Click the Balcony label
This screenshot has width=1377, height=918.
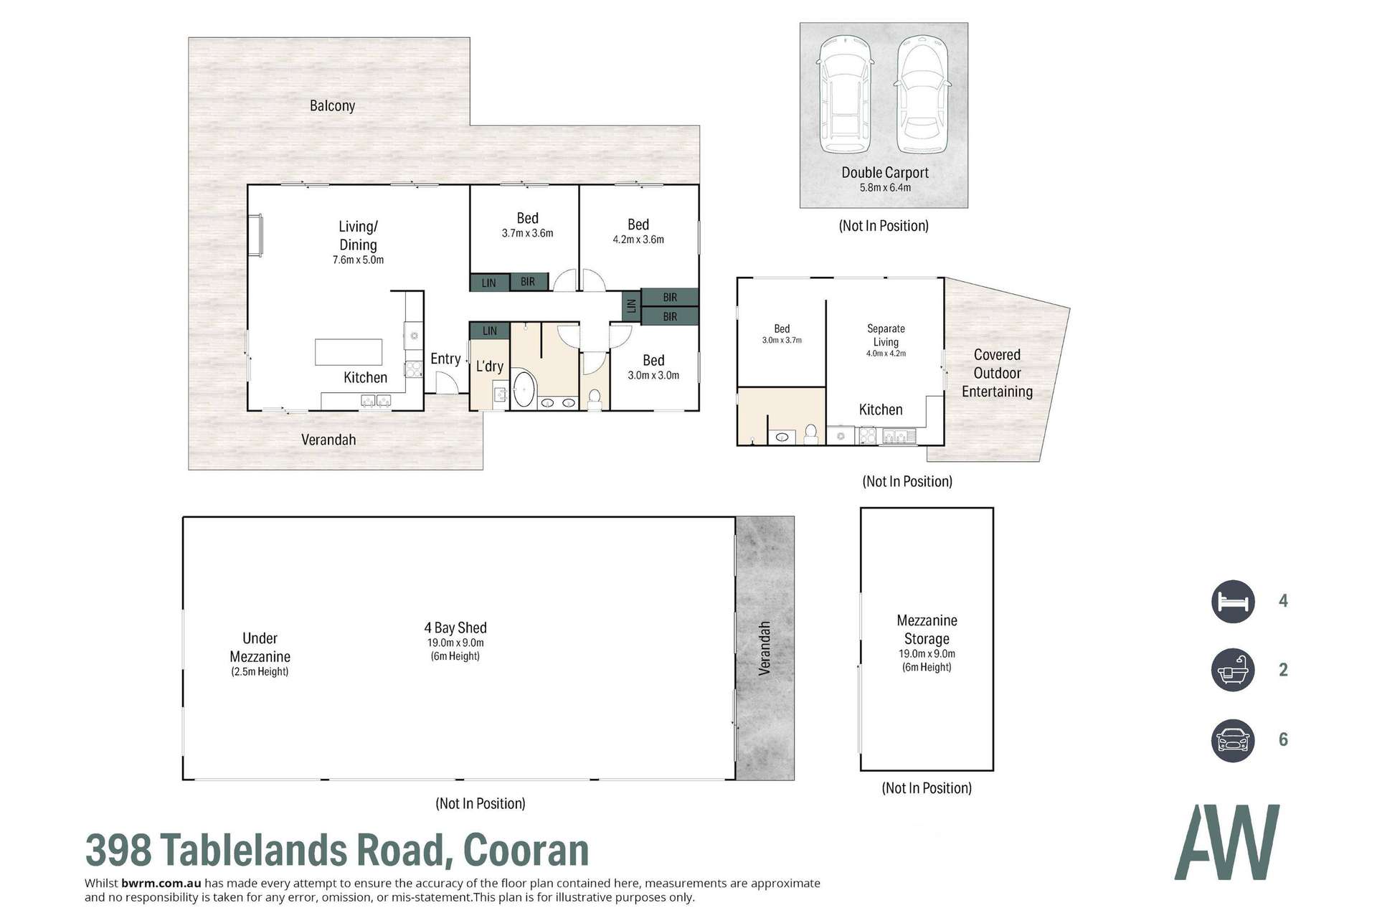point(332,105)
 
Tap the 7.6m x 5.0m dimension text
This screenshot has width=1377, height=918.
point(358,260)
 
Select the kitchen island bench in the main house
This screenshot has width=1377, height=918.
point(349,352)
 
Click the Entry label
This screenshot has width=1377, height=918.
point(445,359)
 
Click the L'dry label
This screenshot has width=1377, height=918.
point(490,366)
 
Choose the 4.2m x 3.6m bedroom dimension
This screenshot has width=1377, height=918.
point(638,240)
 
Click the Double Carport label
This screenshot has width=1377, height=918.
point(884,172)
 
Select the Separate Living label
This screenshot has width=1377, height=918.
point(886,335)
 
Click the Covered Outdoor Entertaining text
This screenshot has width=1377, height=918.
point(997,373)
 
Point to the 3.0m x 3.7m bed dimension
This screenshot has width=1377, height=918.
point(782,340)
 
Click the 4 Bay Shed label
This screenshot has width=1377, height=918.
point(455,628)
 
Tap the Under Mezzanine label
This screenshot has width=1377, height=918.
point(260,647)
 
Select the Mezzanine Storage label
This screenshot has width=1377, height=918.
point(927,629)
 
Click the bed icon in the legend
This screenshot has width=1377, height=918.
point(1233,601)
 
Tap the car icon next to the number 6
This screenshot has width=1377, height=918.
point(1233,739)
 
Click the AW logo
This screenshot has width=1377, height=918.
point(1226,842)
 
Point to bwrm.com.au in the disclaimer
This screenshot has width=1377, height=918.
point(161,884)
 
